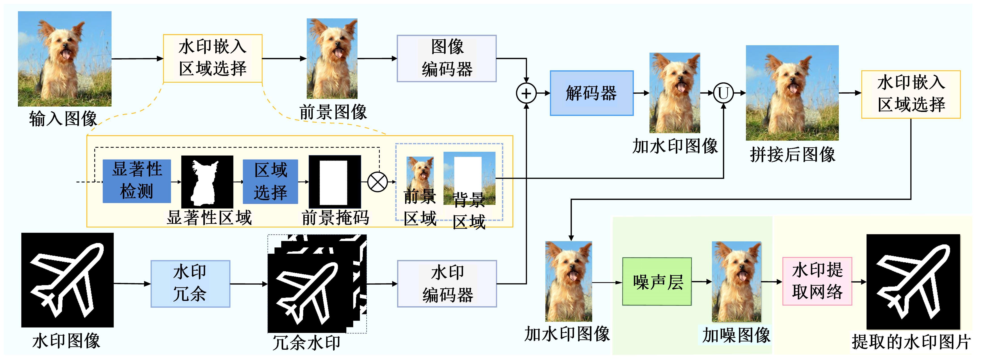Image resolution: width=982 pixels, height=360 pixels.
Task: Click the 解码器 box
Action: coord(591,93)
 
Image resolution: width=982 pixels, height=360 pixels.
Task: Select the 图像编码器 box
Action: coord(446,58)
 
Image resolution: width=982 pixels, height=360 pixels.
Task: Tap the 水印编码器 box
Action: coord(447,284)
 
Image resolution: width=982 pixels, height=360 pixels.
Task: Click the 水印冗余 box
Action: coord(190,284)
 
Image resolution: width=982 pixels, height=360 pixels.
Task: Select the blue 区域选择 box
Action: coord(270,182)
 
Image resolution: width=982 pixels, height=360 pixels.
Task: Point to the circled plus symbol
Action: coord(526,93)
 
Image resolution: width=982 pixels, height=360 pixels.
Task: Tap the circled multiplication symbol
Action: coord(377,182)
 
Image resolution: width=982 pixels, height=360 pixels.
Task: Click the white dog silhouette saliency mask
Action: coord(207,182)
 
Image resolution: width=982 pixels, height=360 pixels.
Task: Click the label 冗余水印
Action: coord(306,343)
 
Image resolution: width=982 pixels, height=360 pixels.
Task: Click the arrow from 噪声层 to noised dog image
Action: coord(701,282)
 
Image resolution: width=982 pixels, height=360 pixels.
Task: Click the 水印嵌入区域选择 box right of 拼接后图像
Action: coord(911,94)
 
